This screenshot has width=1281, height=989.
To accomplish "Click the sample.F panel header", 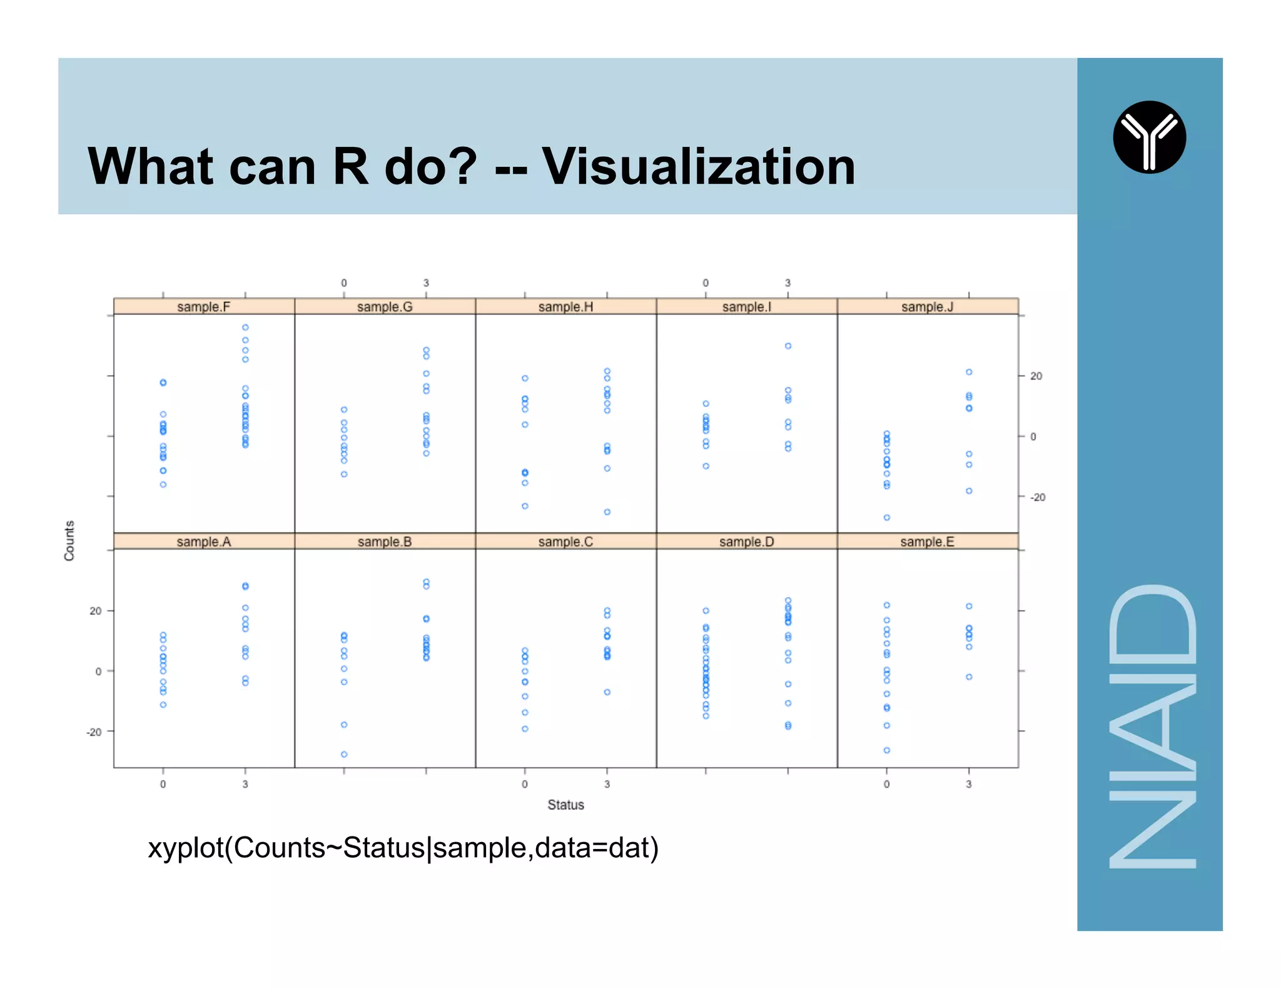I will coord(204,306).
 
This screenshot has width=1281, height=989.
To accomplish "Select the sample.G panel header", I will coord(385,306).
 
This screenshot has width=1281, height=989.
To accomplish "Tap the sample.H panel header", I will coord(565,306).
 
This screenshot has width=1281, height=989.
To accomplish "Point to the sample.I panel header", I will coord(746,306).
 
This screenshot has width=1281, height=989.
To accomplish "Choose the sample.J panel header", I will coord(928,306).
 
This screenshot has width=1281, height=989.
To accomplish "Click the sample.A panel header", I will coord(204,541).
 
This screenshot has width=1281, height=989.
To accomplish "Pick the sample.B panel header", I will coord(385,541).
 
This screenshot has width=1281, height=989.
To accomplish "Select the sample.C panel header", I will coord(565,541).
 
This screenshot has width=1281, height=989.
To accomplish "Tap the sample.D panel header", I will coord(746,541).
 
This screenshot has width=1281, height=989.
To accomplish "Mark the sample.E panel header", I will coord(928,541).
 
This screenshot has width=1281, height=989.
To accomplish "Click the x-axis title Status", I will coord(565,805).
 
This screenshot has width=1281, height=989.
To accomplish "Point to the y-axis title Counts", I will coord(69,540).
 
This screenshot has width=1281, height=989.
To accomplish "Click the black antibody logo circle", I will coord(1149,137).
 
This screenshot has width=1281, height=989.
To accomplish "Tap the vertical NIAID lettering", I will coord(1152,725).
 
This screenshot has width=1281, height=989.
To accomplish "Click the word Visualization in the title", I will coord(698,167).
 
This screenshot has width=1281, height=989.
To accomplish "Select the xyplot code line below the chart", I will coord(403,848).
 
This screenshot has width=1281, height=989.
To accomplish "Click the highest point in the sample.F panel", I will coord(245,328).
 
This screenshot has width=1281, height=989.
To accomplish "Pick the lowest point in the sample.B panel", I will coord(344,755).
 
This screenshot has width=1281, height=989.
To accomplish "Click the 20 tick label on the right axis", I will coord(1036,376).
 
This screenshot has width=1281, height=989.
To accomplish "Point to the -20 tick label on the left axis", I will coord(94,732).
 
